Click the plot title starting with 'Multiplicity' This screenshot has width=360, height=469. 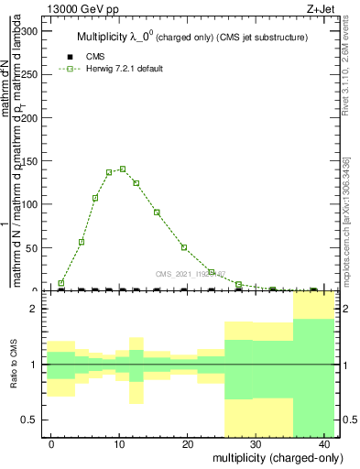pyautogui.click(x=191, y=38)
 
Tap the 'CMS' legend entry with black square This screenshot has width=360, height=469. pyautogui.click(x=95, y=57)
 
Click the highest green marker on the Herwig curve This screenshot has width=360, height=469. pyautogui.click(x=123, y=169)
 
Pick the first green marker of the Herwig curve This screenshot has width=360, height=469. pyautogui.click(x=61, y=283)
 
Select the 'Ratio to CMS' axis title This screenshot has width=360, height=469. pyautogui.click(x=14, y=365)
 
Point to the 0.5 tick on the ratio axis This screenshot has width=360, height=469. pyautogui.click(x=33, y=420)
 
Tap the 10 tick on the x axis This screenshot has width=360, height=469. pyautogui.click(x=120, y=444)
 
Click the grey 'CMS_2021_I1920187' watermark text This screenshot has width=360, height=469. pyautogui.click(x=191, y=272)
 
